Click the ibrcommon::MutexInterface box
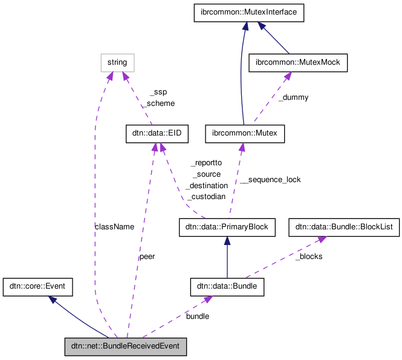[x=248, y=13]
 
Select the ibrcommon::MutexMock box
[x=299, y=63]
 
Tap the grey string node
[x=117, y=62]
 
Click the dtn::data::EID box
[x=154, y=134]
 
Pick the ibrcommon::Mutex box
[x=244, y=134]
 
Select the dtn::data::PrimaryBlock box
[x=219, y=227]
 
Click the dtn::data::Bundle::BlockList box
[x=343, y=227]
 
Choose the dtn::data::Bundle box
[x=227, y=287]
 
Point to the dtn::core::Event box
[x=38, y=287]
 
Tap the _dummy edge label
[x=293, y=97]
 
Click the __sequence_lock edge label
[x=270, y=180]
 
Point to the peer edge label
[x=147, y=257]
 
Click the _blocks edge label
[x=308, y=257]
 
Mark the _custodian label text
[x=206, y=197]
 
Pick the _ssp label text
[x=158, y=93]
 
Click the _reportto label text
[x=206, y=163]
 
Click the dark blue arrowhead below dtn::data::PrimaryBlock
[x=227, y=240]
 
